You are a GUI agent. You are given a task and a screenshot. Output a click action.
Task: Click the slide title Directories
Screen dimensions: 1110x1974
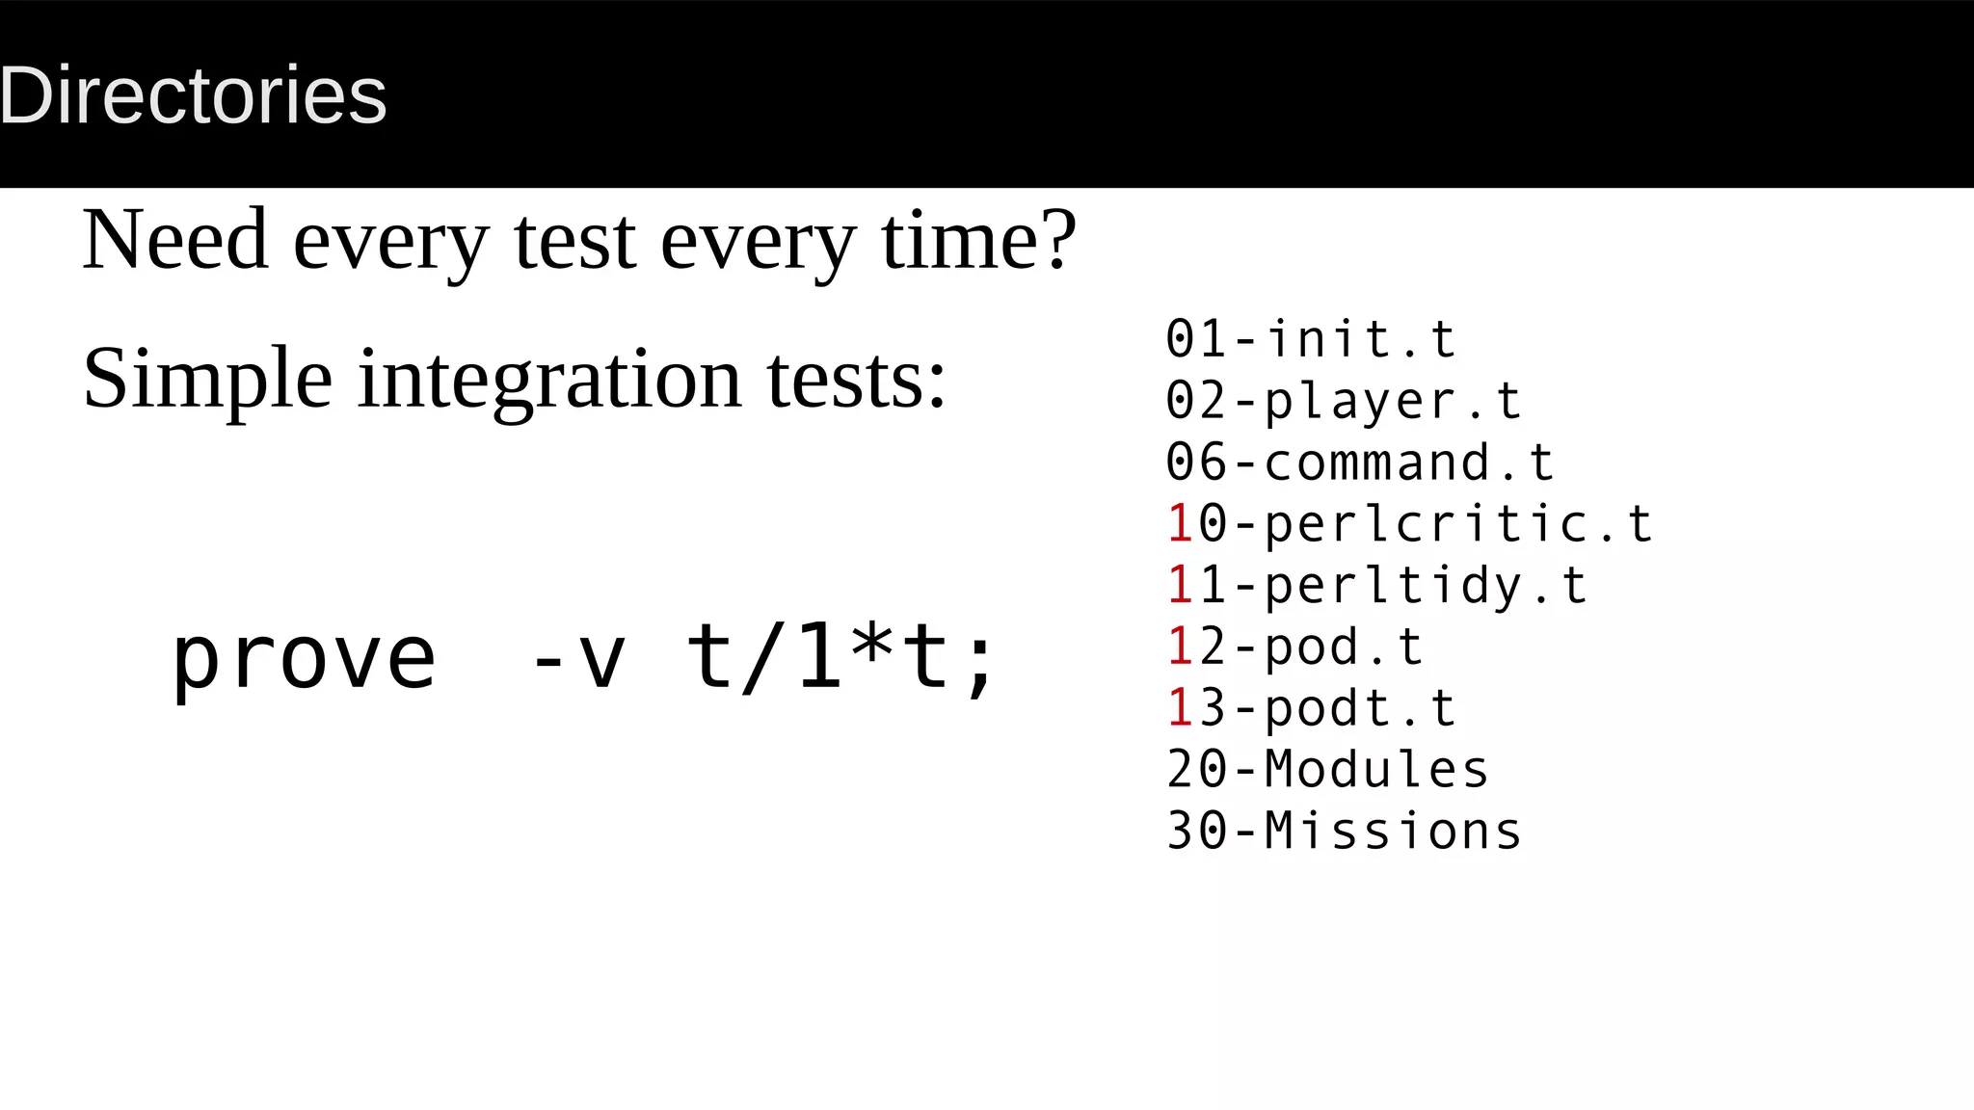click(193, 95)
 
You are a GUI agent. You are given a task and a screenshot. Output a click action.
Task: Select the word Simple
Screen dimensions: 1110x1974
click(207, 379)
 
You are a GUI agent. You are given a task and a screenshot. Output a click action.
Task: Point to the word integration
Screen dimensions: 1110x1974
click(549, 379)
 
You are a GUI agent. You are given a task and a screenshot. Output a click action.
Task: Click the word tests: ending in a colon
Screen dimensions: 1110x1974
click(857, 379)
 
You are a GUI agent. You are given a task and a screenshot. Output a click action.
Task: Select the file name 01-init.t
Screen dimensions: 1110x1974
click(1311, 339)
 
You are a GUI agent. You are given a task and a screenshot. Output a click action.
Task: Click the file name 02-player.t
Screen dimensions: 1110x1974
click(1344, 401)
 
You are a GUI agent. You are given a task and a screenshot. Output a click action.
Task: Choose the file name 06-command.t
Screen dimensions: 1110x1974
click(1359, 462)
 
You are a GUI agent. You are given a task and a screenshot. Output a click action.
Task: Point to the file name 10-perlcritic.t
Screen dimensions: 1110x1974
click(1409, 524)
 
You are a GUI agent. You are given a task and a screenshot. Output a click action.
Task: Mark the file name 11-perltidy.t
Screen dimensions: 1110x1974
click(1376, 586)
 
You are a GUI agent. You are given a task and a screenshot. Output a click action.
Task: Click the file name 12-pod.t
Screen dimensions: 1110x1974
click(1294, 647)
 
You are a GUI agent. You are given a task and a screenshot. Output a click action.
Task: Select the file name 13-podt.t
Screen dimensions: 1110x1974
click(1311, 708)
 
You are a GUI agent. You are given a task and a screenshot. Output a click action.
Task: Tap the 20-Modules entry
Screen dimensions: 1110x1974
click(1327, 770)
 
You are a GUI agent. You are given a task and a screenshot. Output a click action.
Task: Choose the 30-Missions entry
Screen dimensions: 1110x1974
click(1344, 831)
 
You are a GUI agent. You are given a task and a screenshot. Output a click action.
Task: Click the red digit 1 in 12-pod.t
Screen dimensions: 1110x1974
click(1181, 647)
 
